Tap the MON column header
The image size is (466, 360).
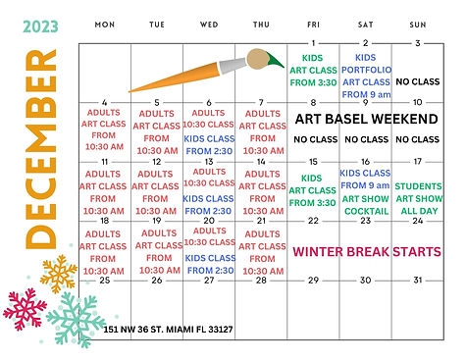tap(103, 23)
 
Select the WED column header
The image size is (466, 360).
tap(208, 23)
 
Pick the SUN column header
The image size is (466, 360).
tap(418, 23)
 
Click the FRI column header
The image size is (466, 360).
tap(313, 23)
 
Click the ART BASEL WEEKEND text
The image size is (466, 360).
tap(365, 119)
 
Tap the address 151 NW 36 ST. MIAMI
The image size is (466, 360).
tap(167, 331)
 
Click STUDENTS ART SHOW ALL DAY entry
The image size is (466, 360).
tap(418, 199)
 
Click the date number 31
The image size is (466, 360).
tap(418, 281)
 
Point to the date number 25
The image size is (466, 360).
tap(103, 281)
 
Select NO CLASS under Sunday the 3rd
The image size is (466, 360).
tap(418, 81)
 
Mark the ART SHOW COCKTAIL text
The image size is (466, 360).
tap(365, 204)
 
